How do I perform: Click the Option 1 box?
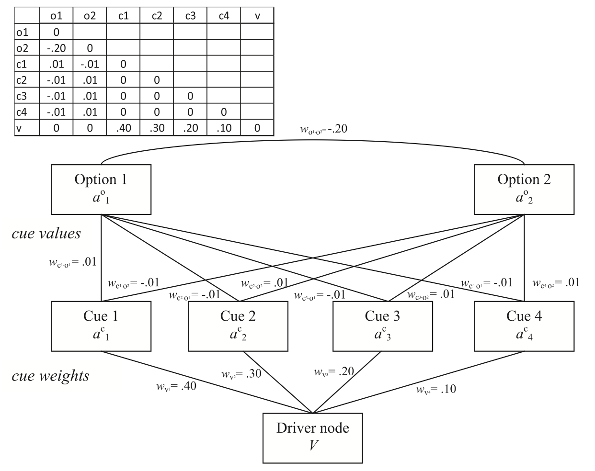click(101, 189)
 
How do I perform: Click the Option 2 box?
click(524, 189)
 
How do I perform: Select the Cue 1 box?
click(101, 326)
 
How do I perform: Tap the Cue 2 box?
click(238, 326)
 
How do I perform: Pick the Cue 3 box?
click(382, 326)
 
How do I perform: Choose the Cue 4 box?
click(524, 326)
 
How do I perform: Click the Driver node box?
click(312, 437)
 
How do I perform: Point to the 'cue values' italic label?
click(46, 234)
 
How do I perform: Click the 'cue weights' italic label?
click(50, 376)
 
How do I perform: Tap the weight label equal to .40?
click(176, 386)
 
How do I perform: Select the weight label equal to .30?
click(241, 374)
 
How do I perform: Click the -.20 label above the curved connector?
click(326, 129)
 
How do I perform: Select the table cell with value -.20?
click(56, 48)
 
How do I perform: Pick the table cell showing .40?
click(123, 128)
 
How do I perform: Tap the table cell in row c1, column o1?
click(56, 64)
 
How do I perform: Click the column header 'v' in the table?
click(257, 16)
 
